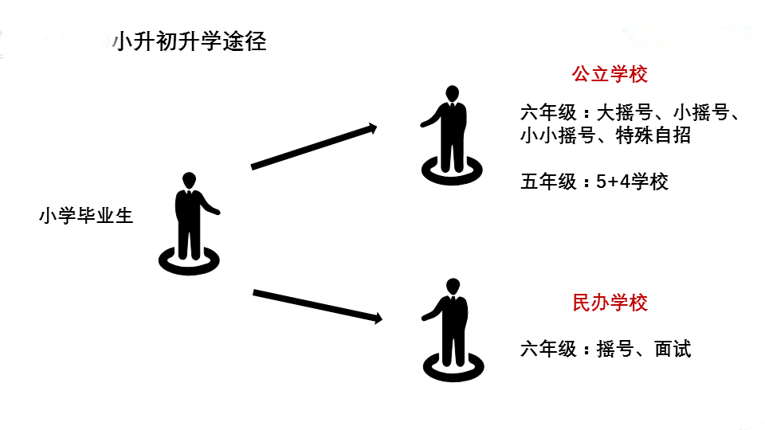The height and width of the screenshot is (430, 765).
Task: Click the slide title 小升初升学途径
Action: tap(190, 42)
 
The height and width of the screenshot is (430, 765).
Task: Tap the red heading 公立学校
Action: tap(610, 75)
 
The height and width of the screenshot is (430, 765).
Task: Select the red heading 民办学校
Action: tap(610, 303)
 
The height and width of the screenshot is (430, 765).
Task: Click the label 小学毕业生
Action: tap(86, 216)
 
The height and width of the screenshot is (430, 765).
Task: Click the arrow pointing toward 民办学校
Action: tap(317, 307)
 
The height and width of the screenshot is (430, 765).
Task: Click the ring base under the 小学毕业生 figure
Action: tap(189, 258)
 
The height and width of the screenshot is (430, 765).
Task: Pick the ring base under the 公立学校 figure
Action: tap(452, 170)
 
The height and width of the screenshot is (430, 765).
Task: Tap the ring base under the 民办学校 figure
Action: tap(453, 364)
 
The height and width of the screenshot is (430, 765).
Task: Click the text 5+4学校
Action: tap(632, 182)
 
